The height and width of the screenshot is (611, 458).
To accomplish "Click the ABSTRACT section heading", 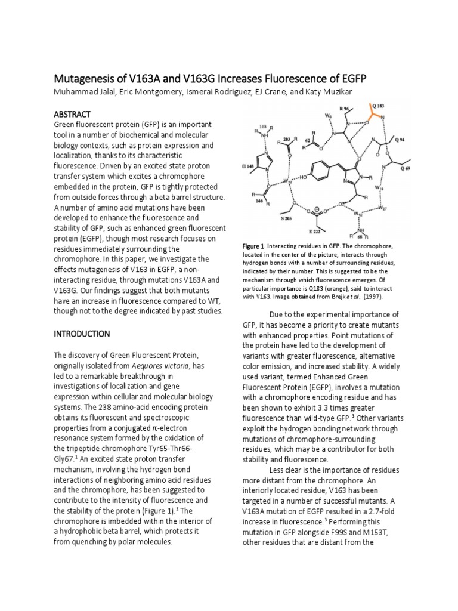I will click(x=73, y=113).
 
